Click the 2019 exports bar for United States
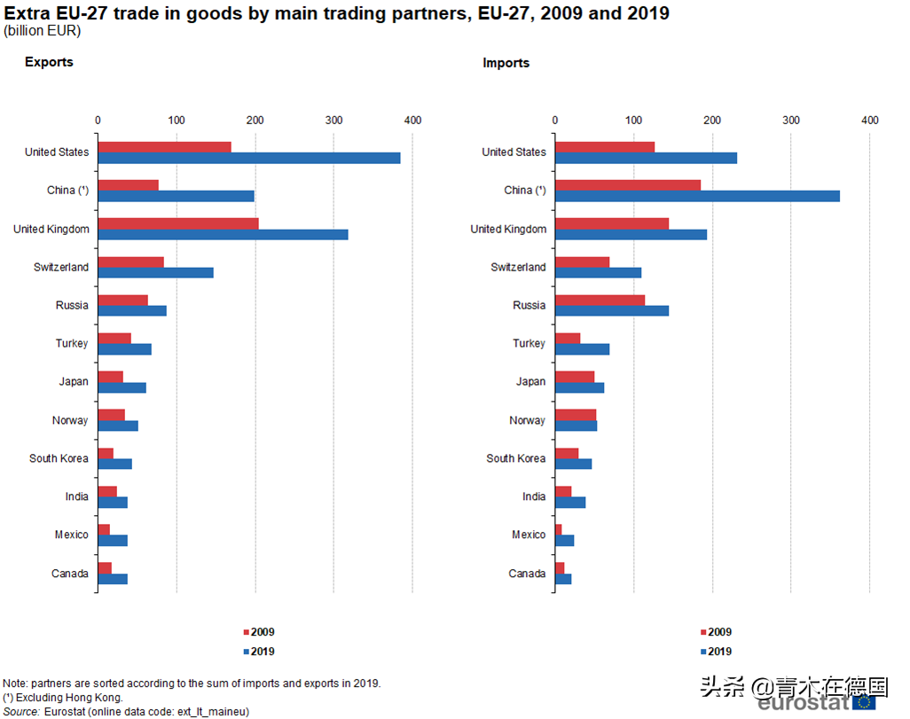248,158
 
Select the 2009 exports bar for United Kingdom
177,223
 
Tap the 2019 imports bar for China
697,196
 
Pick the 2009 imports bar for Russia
600,300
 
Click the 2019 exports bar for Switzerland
155,272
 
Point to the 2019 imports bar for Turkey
582,349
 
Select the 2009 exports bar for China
128,185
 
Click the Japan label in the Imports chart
530,382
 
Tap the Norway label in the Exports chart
70,420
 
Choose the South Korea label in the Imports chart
515,458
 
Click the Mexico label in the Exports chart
71,535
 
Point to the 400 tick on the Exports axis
412,121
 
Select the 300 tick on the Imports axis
790,121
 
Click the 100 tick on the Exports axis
177,121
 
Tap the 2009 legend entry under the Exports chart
258,632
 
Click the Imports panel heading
506,63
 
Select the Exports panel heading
49,62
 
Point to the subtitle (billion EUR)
42,31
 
